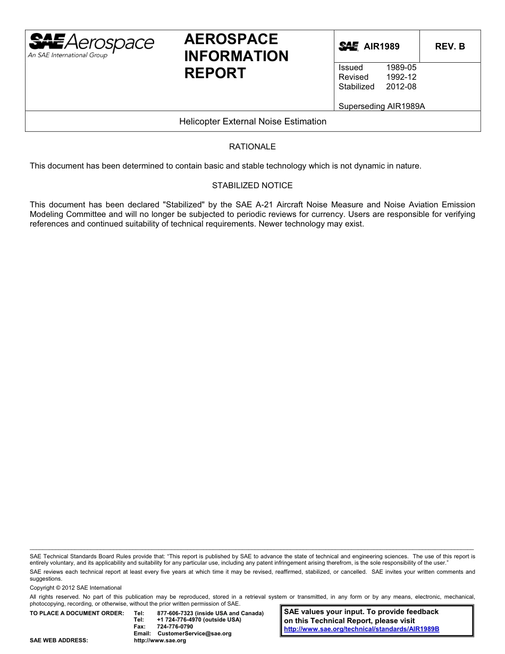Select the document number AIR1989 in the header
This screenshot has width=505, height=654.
(381, 46)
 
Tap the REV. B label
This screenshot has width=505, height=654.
(450, 46)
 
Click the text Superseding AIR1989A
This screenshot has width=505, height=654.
(382, 106)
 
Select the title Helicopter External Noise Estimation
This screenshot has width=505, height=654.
(252, 121)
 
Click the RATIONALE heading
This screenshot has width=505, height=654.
(252, 147)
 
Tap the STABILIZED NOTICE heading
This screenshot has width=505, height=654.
(252, 186)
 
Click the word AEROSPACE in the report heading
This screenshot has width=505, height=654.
(231, 39)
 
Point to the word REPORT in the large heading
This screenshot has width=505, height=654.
(215, 73)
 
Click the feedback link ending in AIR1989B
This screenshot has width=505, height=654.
(361, 629)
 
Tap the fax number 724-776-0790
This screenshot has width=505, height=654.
(175, 626)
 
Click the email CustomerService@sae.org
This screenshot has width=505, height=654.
(195, 633)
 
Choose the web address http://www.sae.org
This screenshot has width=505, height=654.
(160, 641)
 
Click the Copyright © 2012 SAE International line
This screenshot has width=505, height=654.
(75, 588)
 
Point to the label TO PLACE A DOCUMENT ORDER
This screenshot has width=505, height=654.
(77, 613)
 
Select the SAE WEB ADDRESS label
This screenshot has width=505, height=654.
(58, 641)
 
